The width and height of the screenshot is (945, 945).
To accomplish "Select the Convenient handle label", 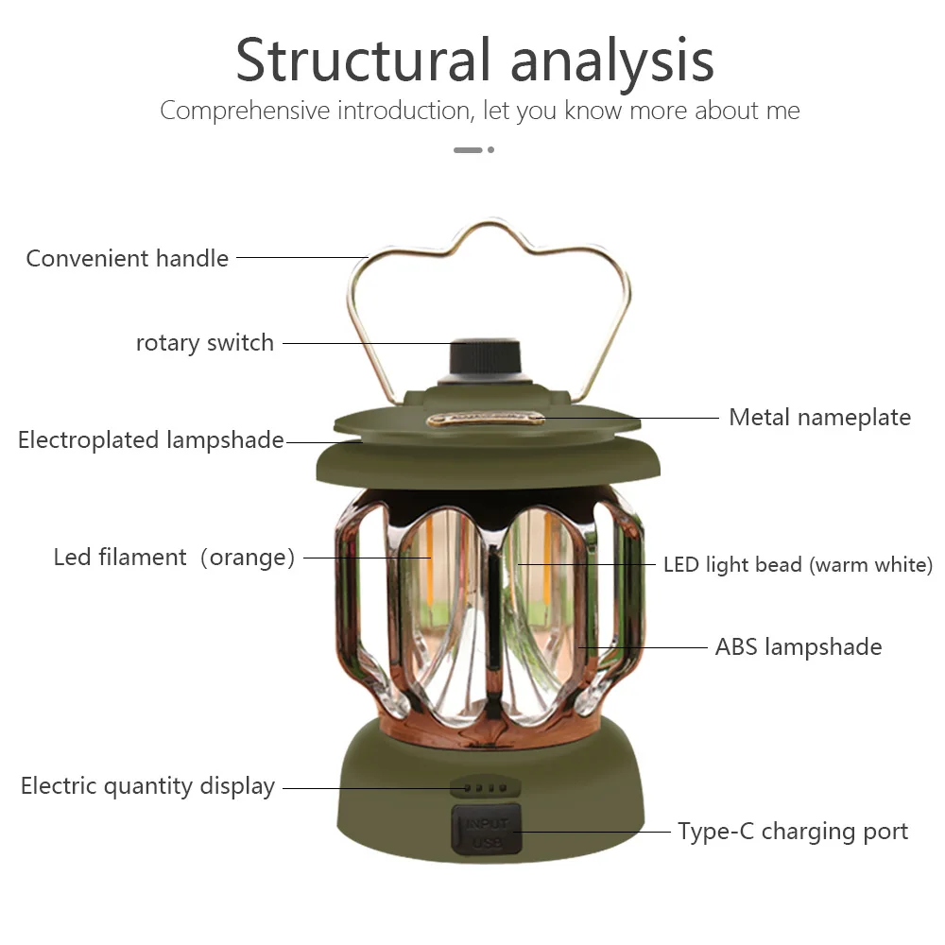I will pyautogui.click(x=128, y=258).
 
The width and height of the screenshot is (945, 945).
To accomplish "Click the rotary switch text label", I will pyautogui.click(x=205, y=342).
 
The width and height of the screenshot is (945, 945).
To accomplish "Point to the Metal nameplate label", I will pyautogui.click(x=819, y=417).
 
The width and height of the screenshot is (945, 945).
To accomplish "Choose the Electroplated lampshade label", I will pyautogui.click(x=151, y=439).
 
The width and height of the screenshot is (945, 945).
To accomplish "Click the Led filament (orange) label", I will pyautogui.click(x=174, y=558).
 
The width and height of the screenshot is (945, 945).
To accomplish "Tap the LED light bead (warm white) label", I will pyautogui.click(x=798, y=565).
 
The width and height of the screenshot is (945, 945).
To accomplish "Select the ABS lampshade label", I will pyautogui.click(x=799, y=647).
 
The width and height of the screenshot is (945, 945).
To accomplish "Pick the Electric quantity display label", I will pyautogui.click(x=147, y=786).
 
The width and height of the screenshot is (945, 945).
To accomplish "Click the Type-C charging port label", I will pyautogui.click(x=793, y=832).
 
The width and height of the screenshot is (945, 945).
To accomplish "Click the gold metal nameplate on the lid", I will pyautogui.click(x=486, y=418).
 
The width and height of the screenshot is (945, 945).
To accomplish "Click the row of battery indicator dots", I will pyautogui.click(x=485, y=787).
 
